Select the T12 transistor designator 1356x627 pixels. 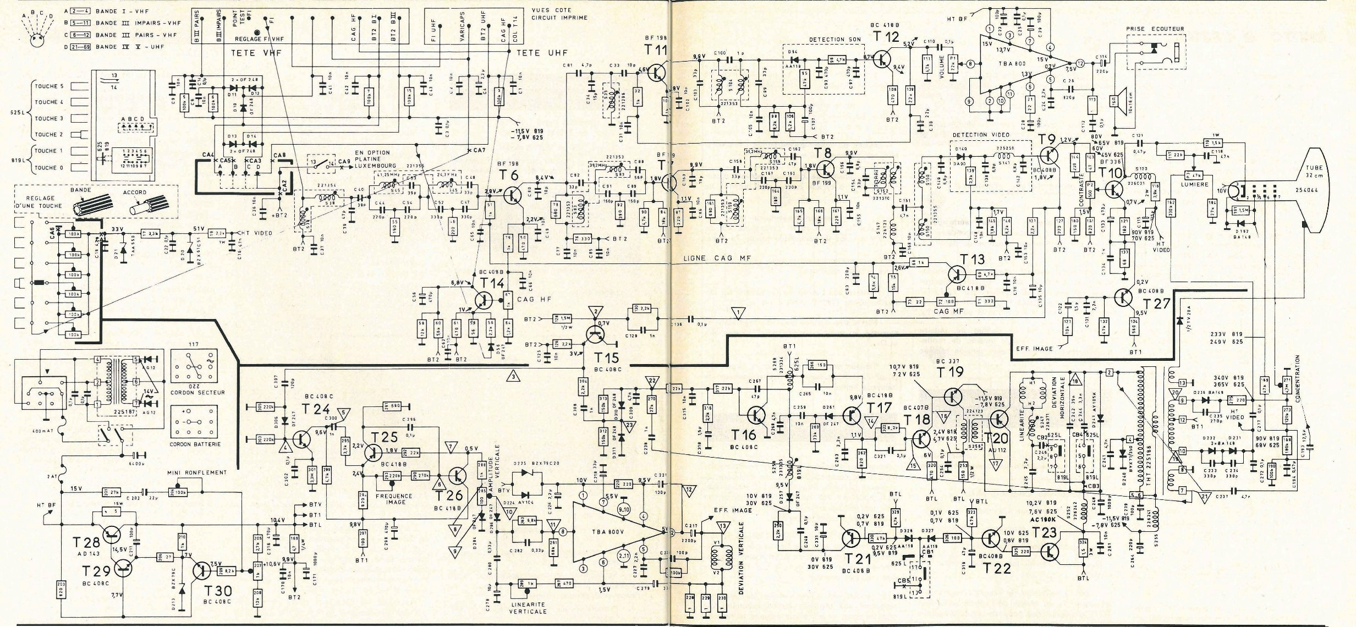pyautogui.click(x=885, y=37)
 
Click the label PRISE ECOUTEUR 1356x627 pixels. pyautogui.click(x=1154, y=29)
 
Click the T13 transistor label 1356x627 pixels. pyautogui.click(x=971, y=258)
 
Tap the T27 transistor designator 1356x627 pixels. pyautogui.click(x=1155, y=304)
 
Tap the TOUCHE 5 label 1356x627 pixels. pyautogui.click(x=49, y=86)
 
